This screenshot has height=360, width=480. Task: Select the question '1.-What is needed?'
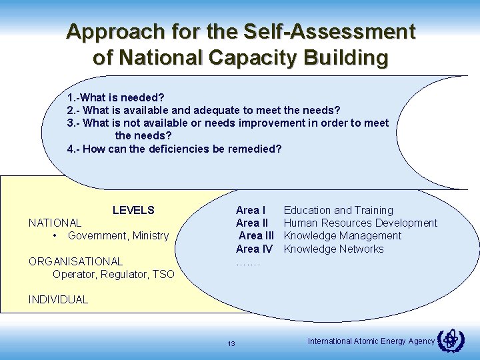point(116,97)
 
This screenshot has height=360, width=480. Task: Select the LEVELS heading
point(133,211)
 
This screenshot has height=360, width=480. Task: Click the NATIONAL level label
point(55,223)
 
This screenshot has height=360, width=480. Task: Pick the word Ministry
point(151,236)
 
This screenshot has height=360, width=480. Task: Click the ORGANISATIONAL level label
point(75,261)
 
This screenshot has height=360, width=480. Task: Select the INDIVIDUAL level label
point(58,299)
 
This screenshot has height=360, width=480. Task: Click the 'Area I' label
point(251,211)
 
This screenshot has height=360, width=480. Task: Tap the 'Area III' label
point(256,236)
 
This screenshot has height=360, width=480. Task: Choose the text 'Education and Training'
point(339,211)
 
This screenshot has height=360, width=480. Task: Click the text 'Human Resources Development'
point(361,223)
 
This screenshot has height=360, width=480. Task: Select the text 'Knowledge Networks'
point(334,249)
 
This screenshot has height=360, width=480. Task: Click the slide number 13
point(231,344)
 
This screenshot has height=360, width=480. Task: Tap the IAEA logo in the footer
point(450,341)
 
